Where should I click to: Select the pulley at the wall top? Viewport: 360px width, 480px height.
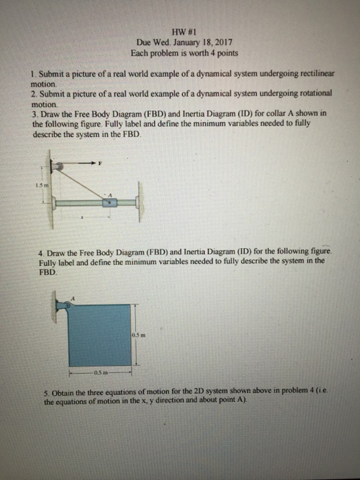click(x=60, y=165)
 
